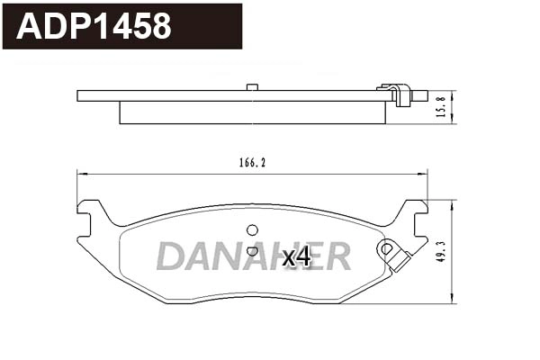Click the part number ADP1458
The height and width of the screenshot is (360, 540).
click(94, 26)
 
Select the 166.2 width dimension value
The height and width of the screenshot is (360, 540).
click(253, 163)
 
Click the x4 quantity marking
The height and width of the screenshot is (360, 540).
click(296, 257)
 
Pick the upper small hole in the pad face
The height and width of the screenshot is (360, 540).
click(252, 229)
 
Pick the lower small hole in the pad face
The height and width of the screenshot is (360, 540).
click(252, 251)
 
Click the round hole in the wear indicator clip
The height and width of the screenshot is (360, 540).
click(388, 248)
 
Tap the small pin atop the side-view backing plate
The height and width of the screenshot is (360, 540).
click(252, 86)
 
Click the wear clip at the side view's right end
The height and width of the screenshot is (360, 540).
click(397, 94)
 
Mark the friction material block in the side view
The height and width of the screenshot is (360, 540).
click(252, 112)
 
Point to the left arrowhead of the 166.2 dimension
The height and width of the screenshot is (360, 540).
click(81, 174)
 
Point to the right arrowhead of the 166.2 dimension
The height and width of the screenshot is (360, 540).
click(425, 174)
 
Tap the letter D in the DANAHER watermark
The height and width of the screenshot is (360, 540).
click(171, 256)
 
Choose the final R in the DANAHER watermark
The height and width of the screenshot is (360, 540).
click(335, 256)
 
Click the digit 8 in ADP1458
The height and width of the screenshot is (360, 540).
click(160, 26)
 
